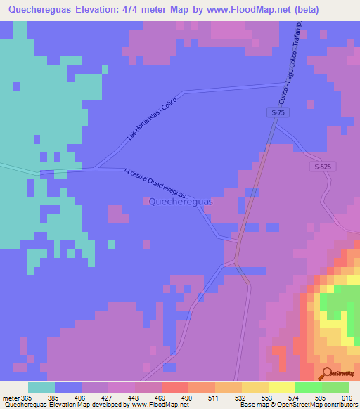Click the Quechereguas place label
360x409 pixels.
coord(181,202)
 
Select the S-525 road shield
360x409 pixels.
coord(322,167)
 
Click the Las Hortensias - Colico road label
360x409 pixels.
coord(152,118)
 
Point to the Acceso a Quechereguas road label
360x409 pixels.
coord(155,183)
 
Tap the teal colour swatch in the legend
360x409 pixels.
coord(41,387)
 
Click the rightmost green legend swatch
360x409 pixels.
coord(335,387)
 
